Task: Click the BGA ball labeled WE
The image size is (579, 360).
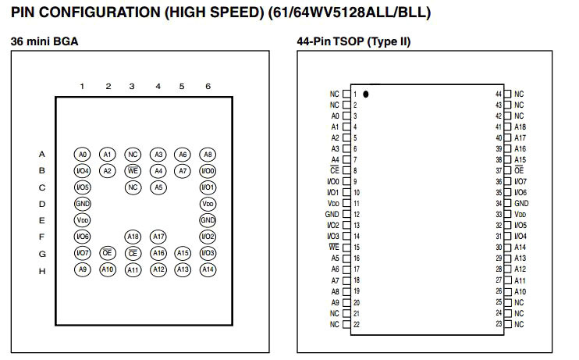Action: [133, 170]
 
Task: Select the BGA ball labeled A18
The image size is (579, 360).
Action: [133, 237]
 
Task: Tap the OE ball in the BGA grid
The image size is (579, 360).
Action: [108, 253]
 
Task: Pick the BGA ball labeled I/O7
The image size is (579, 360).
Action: [83, 253]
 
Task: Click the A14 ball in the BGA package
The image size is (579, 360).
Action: [208, 269]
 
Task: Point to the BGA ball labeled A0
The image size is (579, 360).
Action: [83, 155]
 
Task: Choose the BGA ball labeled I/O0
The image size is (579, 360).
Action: [208, 170]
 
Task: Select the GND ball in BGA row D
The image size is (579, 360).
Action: [83, 203]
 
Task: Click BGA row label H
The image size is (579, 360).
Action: [42, 270]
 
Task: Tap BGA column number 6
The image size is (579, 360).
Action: [208, 87]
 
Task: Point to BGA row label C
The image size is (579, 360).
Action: [42, 187]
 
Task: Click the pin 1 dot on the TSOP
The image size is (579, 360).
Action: [365, 94]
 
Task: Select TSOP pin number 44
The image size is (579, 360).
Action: [498, 94]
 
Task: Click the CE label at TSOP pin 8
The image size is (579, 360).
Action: [335, 170]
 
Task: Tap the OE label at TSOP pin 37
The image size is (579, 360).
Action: [519, 170]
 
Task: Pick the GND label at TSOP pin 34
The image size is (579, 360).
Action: [521, 203]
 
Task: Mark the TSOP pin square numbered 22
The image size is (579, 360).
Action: [346, 324]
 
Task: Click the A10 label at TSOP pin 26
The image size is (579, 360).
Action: [520, 291]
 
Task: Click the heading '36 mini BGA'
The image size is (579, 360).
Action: [44, 41]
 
